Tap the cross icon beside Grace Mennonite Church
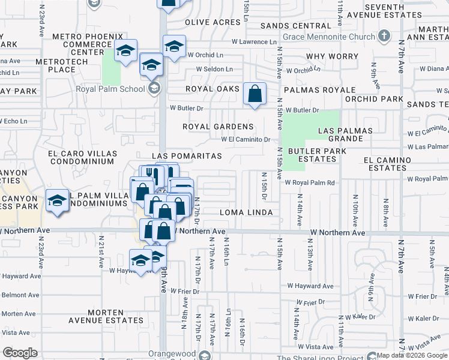pyautogui.click(x=384, y=36)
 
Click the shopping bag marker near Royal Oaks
pyautogui.click(x=255, y=94)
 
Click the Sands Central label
pyautogui.click(x=295, y=26)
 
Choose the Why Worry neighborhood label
pyautogui.click(x=332, y=56)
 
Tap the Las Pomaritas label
pyautogui.click(x=187, y=156)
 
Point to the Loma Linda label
pyautogui.click(x=246, y=212)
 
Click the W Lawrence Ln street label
pyautogui.click(x=255, y=42)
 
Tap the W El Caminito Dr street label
pyautogui.click(x=246, y=139)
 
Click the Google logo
pyautogui.click(x=20, y=353)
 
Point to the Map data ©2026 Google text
pyautogui.click(x=412, y=355)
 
